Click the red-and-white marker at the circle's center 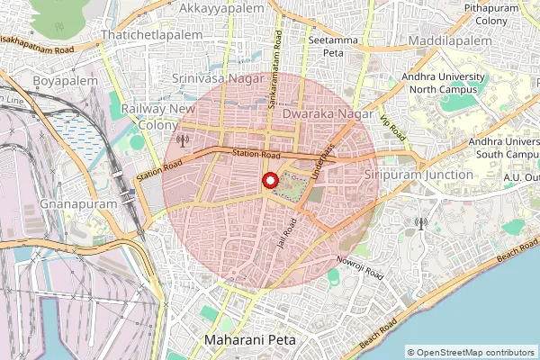pyautogui.click(x=270, y=180)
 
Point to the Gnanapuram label pyautogui.click(x=79, y=205)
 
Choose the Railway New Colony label pyautogui.click(x=157, y=116)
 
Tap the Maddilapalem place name pyautogui.click(x=450, y=41)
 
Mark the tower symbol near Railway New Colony pyautogui.click(x=183, y=140)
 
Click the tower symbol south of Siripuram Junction pyautogui.click(x=419, y=222)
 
